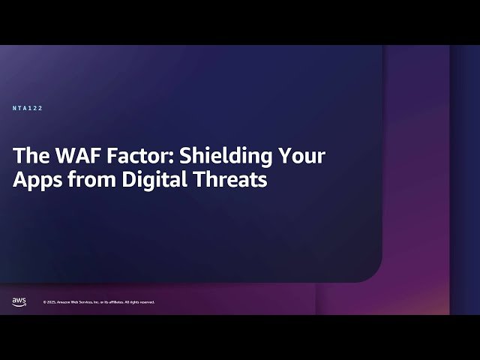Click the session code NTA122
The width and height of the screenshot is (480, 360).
[28, 109]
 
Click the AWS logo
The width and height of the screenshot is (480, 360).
[19, 301]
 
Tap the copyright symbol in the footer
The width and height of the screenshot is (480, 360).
[44, 302]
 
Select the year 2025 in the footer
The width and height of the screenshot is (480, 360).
[50, 302]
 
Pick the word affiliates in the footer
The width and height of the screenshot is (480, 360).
[115, 302]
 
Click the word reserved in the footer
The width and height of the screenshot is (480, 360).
[146, 302]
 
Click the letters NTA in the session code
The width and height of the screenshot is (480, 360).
[20, 109]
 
